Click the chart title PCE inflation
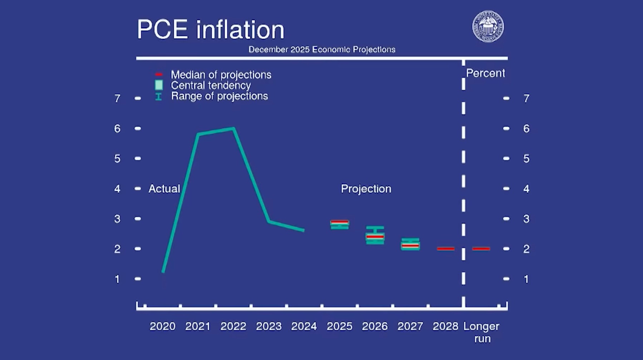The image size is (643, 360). tap(210, 29)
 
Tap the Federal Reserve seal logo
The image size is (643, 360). tap(488, 26)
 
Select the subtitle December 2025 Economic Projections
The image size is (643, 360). tap(322, 49)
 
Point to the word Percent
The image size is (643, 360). tap(485, 73)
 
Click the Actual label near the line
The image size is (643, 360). tap(164, 189)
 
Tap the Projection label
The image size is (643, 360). tap(366, 189)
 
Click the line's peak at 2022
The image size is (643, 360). tap(233, 128)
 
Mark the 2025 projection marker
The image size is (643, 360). tap(339, 224)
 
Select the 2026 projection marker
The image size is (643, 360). tap(375, 236)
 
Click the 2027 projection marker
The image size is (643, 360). tap(410, 244)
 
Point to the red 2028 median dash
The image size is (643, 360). tap(446, 249)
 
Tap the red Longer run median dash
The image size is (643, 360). tap(481, 249)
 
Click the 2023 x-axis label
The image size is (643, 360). tap(269, 326)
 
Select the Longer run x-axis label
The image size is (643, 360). tap(481, 332)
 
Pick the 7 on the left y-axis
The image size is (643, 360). tap(117, 98)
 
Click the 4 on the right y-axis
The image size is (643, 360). tap(526, 189)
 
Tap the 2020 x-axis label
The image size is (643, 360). tap(162, 326)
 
